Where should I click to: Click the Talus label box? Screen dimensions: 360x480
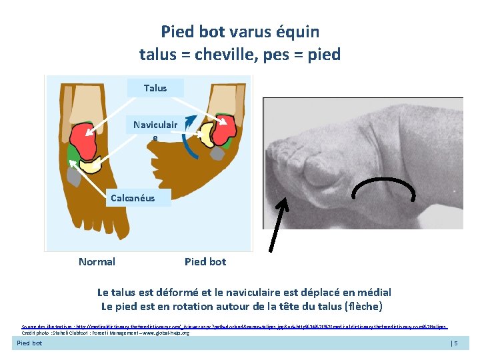155,87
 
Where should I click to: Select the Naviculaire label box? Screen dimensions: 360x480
155,129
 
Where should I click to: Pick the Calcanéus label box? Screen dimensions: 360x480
132,197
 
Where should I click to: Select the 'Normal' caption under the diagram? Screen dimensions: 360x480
97,261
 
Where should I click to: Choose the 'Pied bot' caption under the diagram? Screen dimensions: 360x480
205,261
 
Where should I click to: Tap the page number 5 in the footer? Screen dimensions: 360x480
456,343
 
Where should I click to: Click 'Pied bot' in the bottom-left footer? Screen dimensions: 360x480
29,343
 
